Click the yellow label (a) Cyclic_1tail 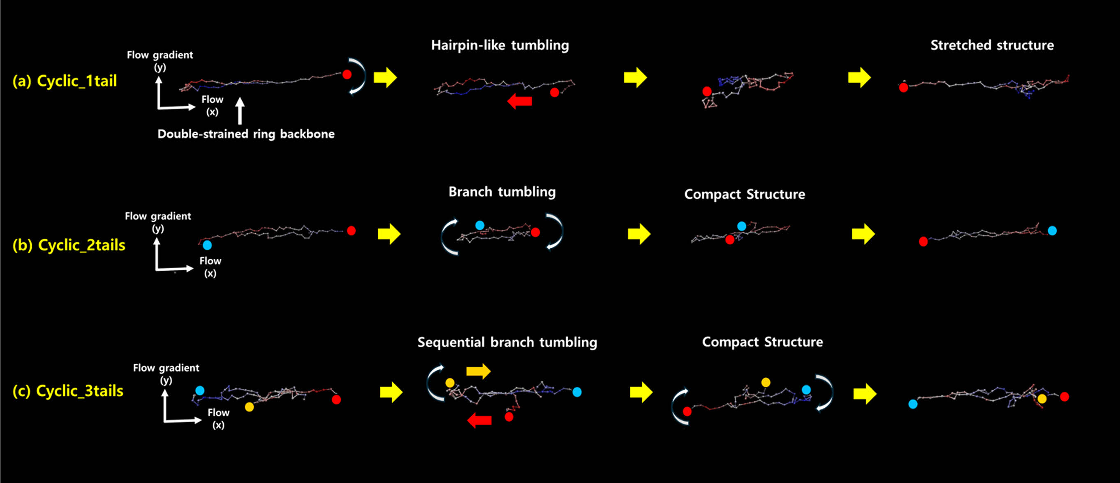[x=65, y=81]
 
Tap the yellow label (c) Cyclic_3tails [x=68, y=391]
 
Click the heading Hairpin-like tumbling [x=500, y=45]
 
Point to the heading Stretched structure [x=992, y=45]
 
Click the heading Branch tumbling [x=502, y=192]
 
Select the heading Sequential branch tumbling [x=507, y=342]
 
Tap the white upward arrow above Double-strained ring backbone [x=240, y=111]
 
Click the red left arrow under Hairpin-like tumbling [x=520, y=101]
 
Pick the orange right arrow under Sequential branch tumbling [x=478, y=371]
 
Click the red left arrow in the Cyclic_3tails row [x=479, y=420]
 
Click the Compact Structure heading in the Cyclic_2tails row [x=744, y=195]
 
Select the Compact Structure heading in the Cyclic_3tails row [x=762, y=342]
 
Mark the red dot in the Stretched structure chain [x=903, y=88]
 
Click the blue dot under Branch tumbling [x=479, y=225]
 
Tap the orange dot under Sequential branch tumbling [x=450, y=383]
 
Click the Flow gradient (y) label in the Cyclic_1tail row [x=160, y=60]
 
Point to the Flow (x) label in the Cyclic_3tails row [x=218, y=418]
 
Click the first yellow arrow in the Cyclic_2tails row [x=389, y=234]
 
